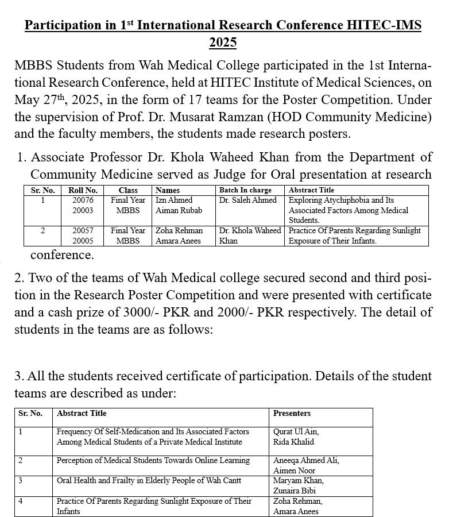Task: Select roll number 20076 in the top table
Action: (83, 200)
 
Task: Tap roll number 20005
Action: (83, 241)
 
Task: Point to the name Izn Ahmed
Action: (174, 200)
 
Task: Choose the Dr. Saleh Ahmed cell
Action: (248, 200)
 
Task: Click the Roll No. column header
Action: (83, 190)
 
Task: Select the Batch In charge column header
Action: (246, 190)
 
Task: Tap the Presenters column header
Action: (292, 413)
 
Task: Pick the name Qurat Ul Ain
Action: (296, 431)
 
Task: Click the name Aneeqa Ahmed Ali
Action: (306, 460)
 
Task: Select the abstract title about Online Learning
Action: (153, 460)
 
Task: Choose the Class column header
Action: (128, 190)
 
